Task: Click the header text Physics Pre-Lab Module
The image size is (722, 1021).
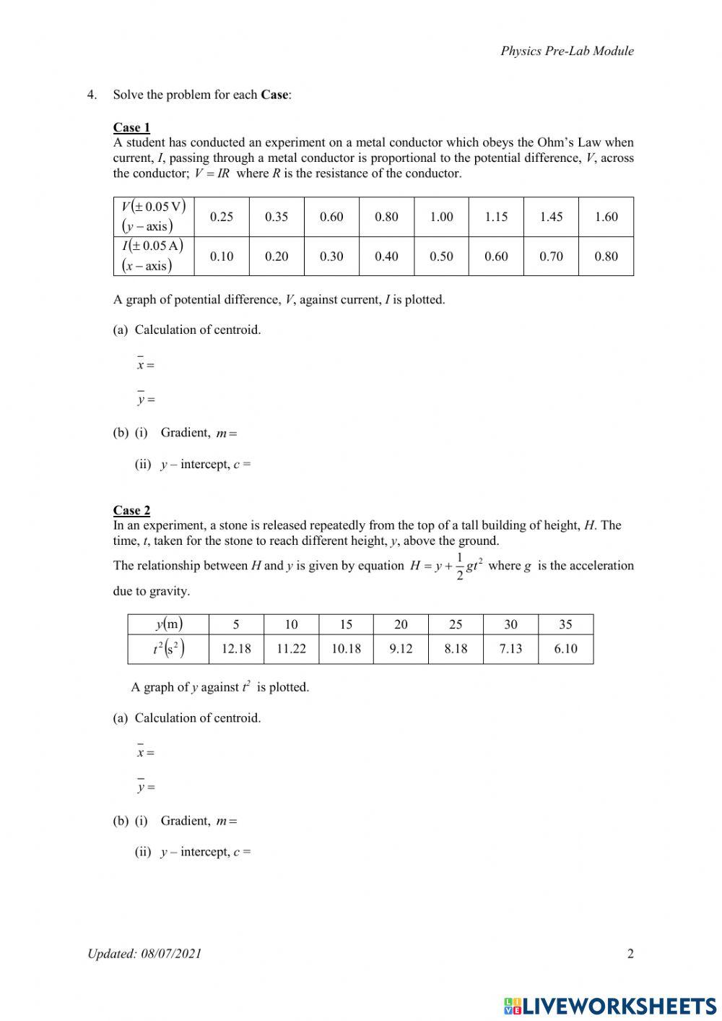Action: (567, 51)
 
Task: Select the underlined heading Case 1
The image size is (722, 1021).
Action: (131, 128)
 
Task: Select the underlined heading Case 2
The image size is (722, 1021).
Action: (131, 511)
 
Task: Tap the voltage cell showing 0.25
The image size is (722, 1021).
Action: (222, 217)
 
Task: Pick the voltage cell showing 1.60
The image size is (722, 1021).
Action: (606, 217)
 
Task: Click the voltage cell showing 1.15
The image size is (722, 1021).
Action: (496, 217)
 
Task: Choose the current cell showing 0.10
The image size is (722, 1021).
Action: (222, 257)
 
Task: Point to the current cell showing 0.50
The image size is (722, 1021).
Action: (441, 257)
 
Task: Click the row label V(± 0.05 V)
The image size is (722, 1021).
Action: (153, 207)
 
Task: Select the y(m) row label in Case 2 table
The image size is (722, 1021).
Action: (168, 624)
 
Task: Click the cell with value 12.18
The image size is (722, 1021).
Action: (236, 649)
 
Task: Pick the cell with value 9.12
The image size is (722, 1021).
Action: (401, 649)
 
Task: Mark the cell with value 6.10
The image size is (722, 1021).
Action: (565, 649)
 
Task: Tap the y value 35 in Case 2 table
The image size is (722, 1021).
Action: (565, 624)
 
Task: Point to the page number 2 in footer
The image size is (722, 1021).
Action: (630, 954)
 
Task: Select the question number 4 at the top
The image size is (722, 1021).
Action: (92, 95)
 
